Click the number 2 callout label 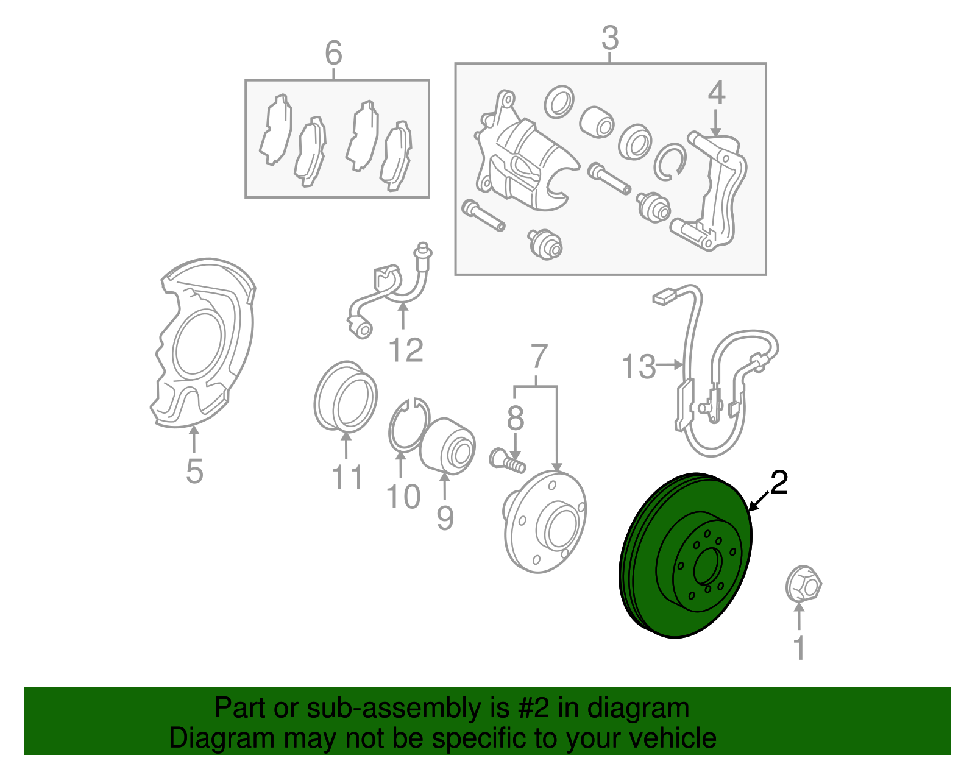(779, 483)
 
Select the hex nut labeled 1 (803, 584)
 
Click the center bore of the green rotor (708, 567)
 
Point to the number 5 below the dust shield (195, 472)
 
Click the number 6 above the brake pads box (333, 52)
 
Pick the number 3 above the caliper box (610, 38)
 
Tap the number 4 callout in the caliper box (716, 93)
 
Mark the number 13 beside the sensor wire (638, 366)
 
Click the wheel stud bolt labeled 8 (507, 461)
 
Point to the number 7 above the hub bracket (539, 356)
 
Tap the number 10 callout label (403, 496)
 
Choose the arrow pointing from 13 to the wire (670, 365)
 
